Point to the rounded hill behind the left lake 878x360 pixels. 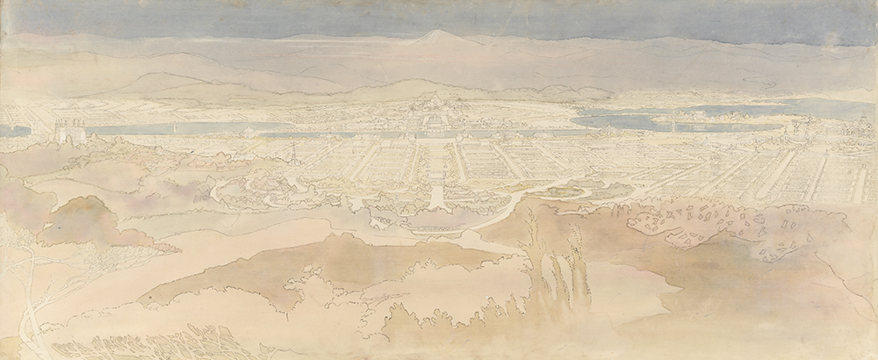[158, 83]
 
